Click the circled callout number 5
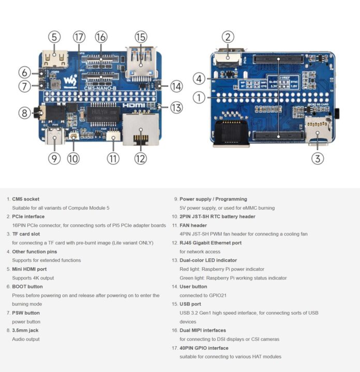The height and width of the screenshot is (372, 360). pos(55,37)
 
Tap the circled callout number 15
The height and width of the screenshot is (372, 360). pos(141,37)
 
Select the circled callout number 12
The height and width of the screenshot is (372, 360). pos(141,159)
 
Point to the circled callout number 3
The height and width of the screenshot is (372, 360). pos(318,159)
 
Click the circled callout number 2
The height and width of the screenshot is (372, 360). pos(228,37)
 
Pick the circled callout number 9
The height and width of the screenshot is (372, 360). pos(55,159)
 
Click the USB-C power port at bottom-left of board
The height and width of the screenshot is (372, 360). pos(55,137)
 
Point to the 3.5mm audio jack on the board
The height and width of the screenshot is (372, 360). pos(39,112)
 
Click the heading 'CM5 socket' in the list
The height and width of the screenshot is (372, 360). pos(25,199)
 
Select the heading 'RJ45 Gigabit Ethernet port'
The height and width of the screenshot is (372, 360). pos(211,243)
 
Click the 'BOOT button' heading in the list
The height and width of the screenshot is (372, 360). pos(27,286)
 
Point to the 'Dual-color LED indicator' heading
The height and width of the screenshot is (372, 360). pos(208,260)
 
